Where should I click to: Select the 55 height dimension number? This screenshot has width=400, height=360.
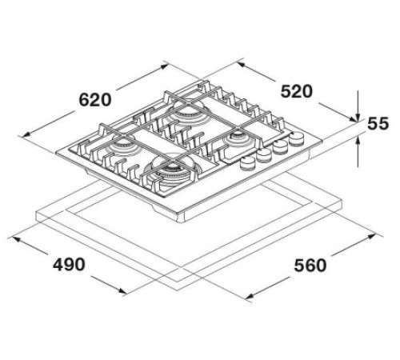pyautogui.click(x=378, y=124)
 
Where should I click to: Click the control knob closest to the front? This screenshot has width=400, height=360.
pyautogui.click(x=247, y=163)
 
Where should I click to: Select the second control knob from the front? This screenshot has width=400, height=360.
pyautogui.click(x=264, y=156)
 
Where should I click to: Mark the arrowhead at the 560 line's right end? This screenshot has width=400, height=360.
pyautogui.click(x=375, y=236)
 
